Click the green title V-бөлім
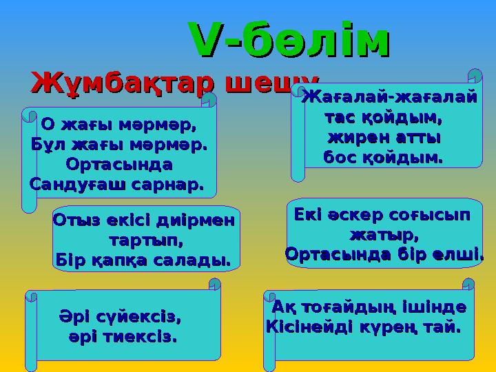(289, 41)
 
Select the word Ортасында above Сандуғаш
(118, 165)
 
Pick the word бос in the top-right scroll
(340, 158)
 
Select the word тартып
(146, 241)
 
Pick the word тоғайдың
(358, 306)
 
